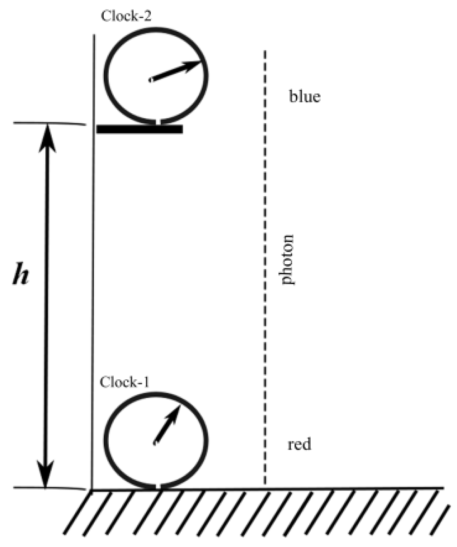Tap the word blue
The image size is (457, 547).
[304, 97]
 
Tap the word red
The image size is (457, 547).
[299, 444]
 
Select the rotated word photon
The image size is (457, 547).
[287, 259]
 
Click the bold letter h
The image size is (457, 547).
[20, 276]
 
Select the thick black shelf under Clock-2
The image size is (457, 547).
[140, 129]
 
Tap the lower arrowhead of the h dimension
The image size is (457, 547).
[46, 476]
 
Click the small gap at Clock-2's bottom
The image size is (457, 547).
[156, 121]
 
